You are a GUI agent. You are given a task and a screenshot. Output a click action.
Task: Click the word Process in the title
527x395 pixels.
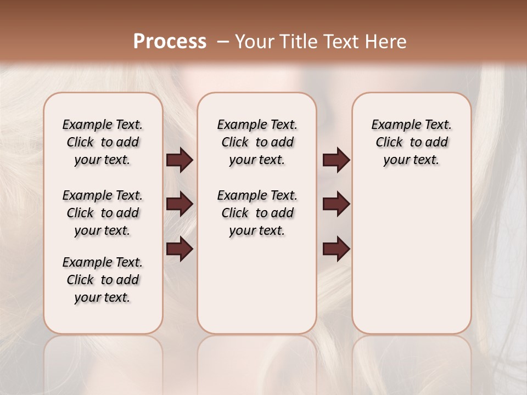tap(170, 41)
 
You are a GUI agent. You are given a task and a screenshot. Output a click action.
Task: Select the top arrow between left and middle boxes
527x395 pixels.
tap(180, 160)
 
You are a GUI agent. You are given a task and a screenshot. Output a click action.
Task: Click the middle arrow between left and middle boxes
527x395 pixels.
tap(180, 204)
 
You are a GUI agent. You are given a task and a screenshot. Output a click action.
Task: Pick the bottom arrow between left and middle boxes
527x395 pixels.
tap(180, 249)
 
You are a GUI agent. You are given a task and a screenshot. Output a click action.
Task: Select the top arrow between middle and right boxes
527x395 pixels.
tap(336, 160)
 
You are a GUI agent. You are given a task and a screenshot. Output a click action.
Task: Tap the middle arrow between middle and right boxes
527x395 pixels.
tap(336, 204)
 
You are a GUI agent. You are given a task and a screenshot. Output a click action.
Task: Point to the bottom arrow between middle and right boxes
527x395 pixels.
tap(336, 249)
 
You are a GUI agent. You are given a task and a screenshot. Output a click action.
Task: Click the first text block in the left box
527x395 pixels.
tap(103, 142)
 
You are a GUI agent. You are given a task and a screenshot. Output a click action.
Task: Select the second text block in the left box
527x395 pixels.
tap(103, 213)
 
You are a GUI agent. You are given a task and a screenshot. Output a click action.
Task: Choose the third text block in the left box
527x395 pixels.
tap(103, 280)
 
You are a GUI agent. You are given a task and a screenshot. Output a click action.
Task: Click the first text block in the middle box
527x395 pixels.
tap(257, 142)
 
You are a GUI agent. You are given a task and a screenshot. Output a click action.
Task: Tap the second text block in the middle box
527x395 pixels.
tap(257, 213)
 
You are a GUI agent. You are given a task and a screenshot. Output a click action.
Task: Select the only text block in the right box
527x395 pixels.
tap(412, 142)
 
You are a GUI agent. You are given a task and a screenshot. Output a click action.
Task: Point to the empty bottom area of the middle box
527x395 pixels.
tap(257, 291)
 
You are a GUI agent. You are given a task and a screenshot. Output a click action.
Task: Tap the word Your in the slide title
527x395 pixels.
tap(255, 41)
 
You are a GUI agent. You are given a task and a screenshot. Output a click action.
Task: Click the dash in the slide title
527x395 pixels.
tap(223, 41)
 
